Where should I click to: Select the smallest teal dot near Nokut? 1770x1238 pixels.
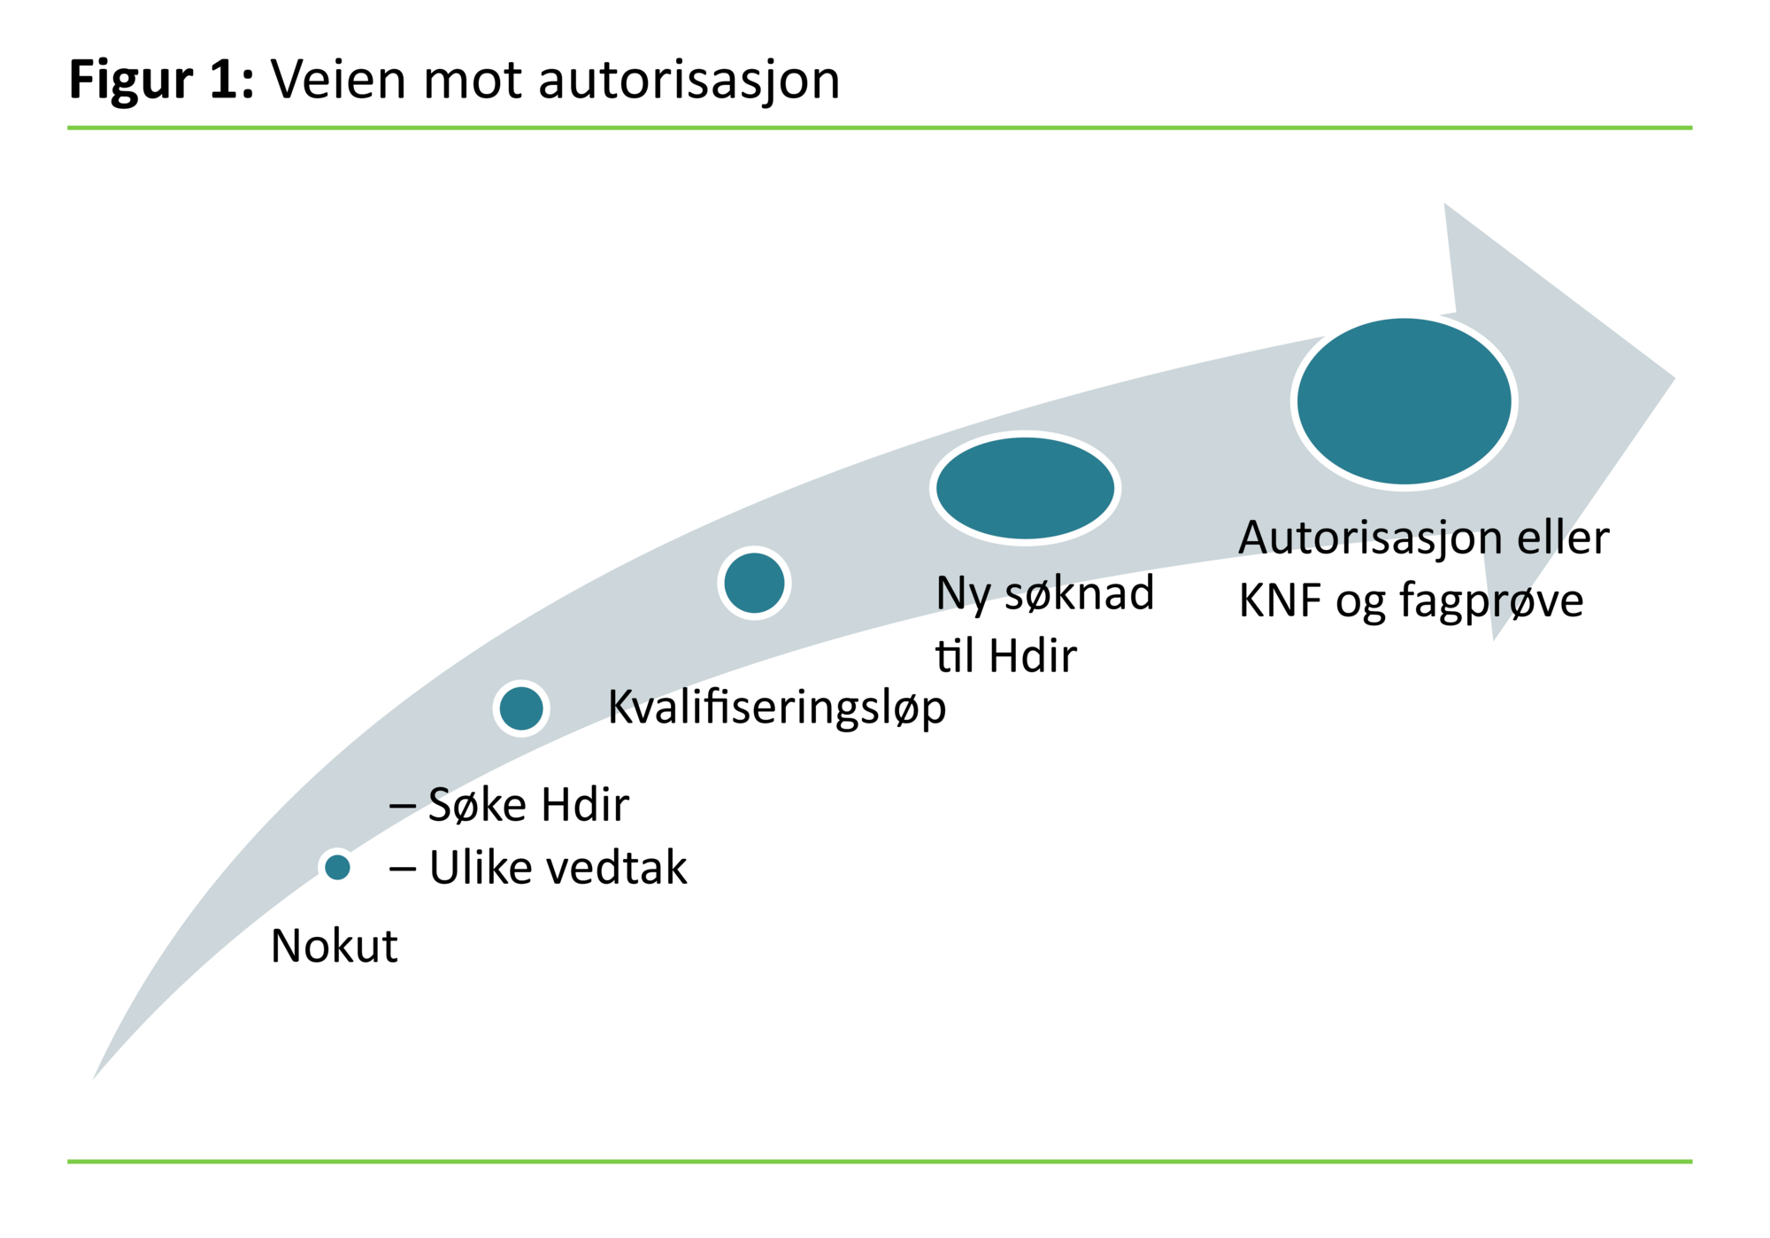[x=337, y=867]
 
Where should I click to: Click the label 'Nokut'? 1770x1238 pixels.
[x=334, y=946]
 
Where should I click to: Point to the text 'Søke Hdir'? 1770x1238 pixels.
[x=527, y=805]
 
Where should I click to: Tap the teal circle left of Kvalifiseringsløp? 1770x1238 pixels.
[x=521, y=708]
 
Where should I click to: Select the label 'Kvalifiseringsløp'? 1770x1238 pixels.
[x=776, y=708]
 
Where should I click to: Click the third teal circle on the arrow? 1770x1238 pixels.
[x=754, y=583]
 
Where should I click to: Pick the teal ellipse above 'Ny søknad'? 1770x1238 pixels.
[x=1025, y=488]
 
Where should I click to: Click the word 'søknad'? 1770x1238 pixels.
[x=1079, y=593]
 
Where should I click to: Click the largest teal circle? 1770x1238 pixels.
[x=1404, y=401]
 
